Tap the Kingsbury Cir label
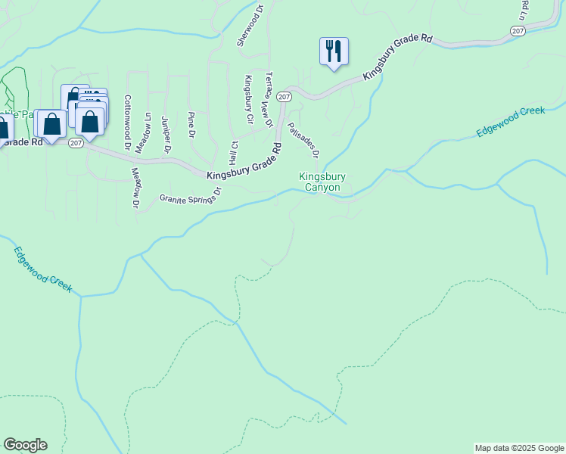point(247,99)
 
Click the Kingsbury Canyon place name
point(322,182)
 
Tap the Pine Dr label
point(191,125)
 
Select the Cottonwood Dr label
point(128,121)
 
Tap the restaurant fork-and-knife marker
point(334,51)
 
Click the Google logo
point(25,445)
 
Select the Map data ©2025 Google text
point(519,448)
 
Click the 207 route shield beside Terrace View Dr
point(284,97)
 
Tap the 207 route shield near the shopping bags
point(76,142)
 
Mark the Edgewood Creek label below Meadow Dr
point(42,269)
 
